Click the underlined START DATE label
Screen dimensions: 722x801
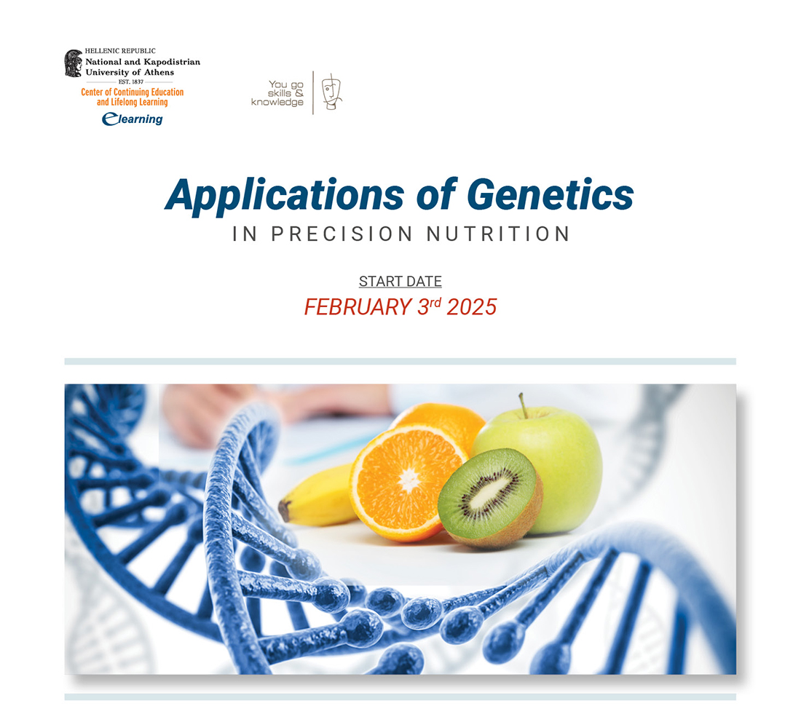click(400, 282)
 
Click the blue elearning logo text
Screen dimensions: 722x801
click(133, 119)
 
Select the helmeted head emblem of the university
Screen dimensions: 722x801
click(73, 63)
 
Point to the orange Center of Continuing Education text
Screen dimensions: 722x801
click(132, 92)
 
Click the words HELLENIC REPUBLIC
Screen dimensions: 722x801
click(120, 52)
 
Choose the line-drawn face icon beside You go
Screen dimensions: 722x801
click(331, 92)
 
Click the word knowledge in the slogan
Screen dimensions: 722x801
click(277, 103)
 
